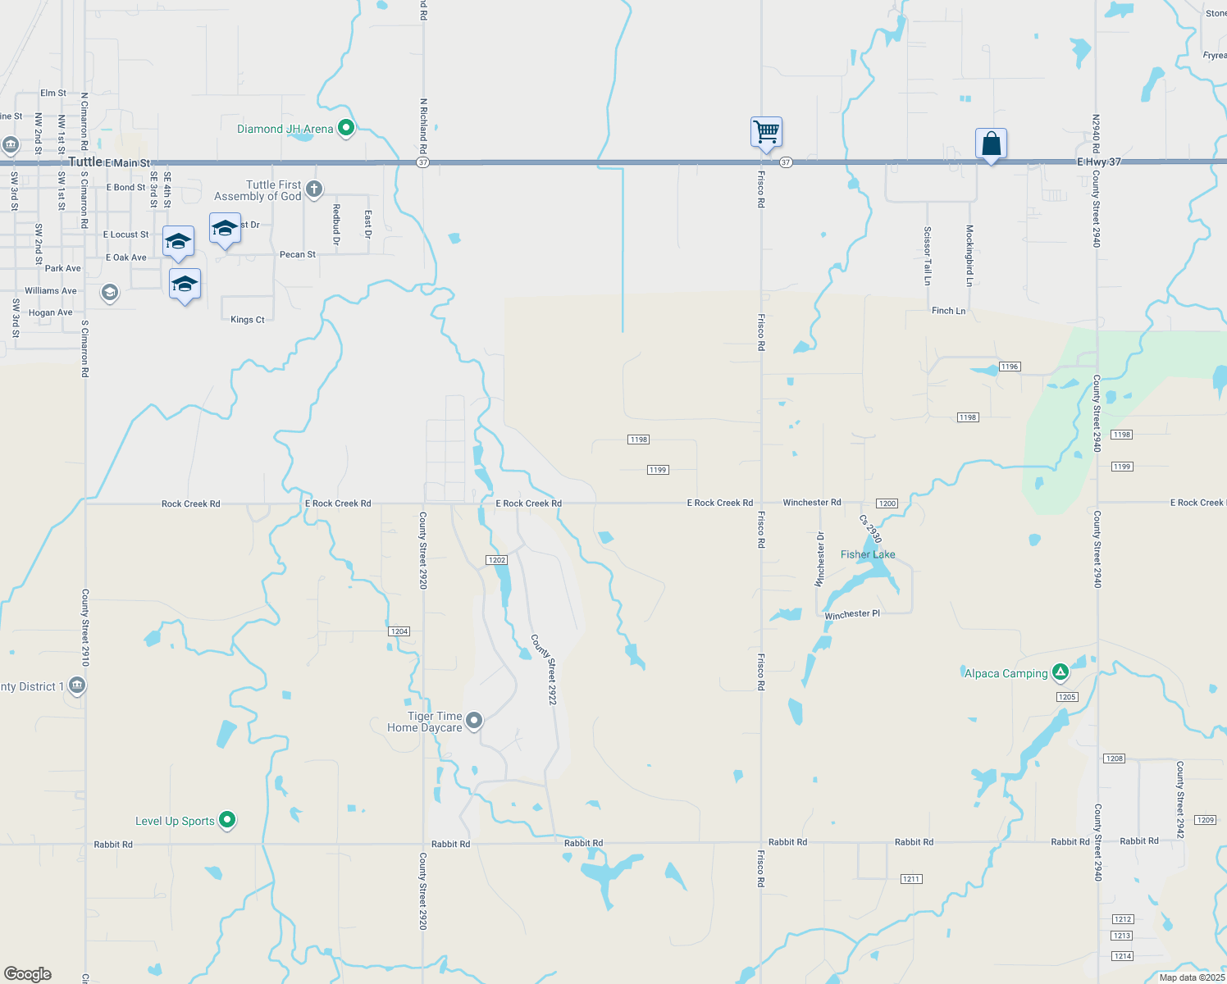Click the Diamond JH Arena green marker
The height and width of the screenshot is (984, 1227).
click(346, 128)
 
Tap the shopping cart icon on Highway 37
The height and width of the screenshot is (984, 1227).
click(766, 131)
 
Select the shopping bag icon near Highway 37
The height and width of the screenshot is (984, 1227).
click(991, 143)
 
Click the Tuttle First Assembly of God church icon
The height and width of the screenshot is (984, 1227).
click(314, 190)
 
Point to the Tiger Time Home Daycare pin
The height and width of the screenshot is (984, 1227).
click(474, 721)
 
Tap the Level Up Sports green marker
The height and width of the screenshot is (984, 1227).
click(228, 819)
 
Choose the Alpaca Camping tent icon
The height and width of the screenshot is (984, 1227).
click(1061, 672)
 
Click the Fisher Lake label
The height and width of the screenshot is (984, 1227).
click(868, 554)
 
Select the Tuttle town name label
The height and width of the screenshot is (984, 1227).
click(85, 162)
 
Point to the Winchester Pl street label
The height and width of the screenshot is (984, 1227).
click(852, 614)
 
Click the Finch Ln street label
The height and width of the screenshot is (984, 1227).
click(948, 311)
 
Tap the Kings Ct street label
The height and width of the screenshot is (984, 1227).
click(248, 320)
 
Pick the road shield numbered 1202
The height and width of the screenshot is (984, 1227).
click(497, 560)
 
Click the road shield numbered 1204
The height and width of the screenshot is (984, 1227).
click(399, 631)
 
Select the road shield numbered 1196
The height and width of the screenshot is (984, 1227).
click(1010, 367)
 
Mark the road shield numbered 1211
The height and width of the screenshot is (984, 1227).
click(911, 879)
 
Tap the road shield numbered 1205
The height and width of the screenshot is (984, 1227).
click(1067, 697)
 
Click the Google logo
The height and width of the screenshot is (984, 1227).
click(28, 974)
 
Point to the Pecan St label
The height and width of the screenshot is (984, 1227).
click(298, 255)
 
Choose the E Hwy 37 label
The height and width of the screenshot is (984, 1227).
click(1099, 162)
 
